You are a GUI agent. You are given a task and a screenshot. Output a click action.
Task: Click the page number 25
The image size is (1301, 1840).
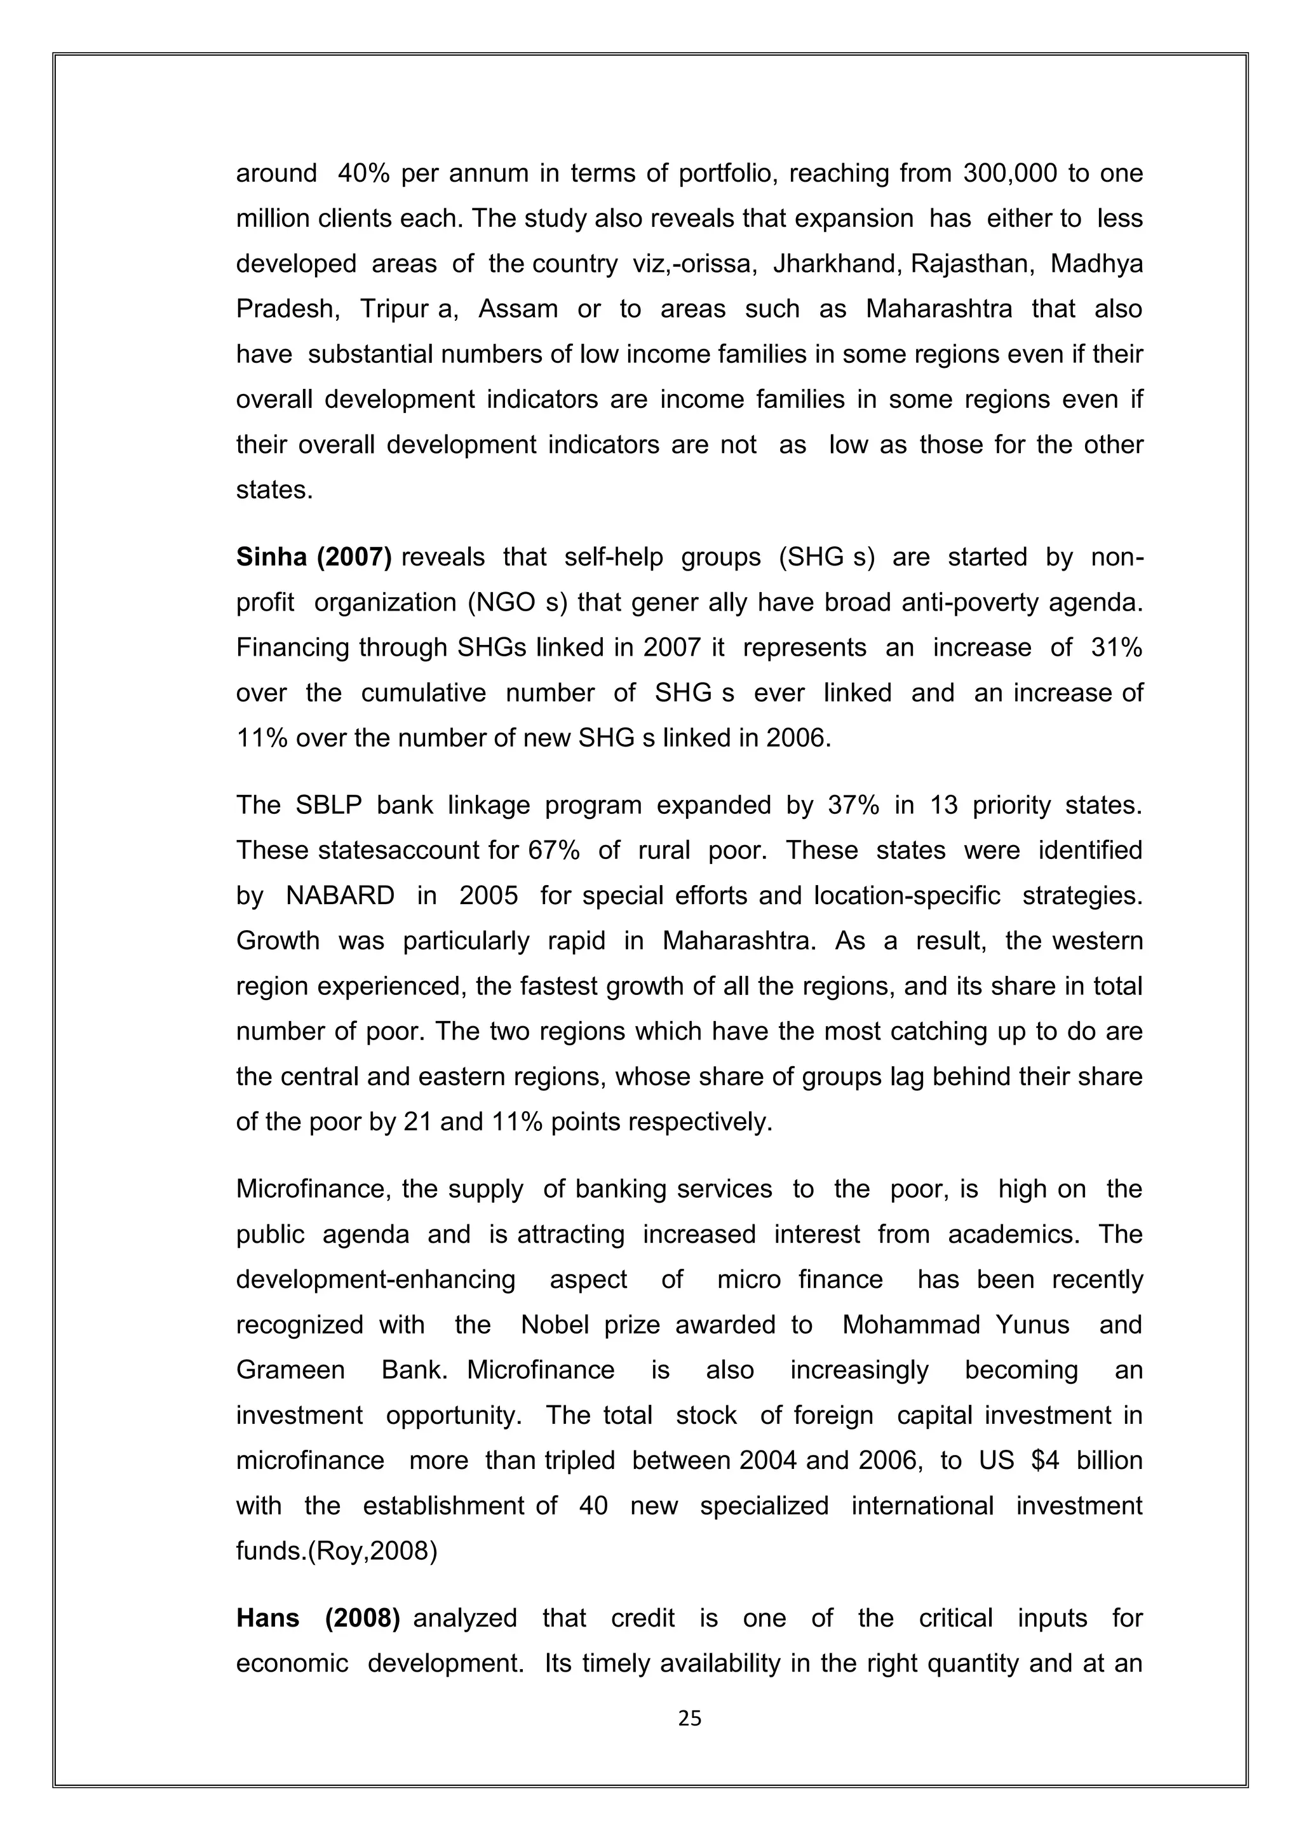pos(689,1717)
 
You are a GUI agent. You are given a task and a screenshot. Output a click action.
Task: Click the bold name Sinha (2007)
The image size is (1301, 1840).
pos(313,557)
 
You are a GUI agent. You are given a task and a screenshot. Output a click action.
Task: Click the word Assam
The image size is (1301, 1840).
pos(518,309)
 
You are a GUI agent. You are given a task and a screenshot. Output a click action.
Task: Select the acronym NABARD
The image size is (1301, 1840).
pos(340,896)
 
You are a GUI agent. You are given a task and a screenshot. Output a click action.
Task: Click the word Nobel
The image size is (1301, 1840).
pos(555,1325)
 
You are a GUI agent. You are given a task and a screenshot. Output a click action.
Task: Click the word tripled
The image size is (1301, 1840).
pos(579,1460)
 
